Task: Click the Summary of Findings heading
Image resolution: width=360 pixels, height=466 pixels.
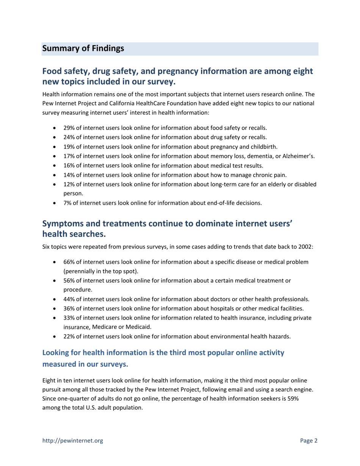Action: click(83, 49)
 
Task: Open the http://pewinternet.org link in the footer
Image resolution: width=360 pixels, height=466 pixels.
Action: click(72, 440)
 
